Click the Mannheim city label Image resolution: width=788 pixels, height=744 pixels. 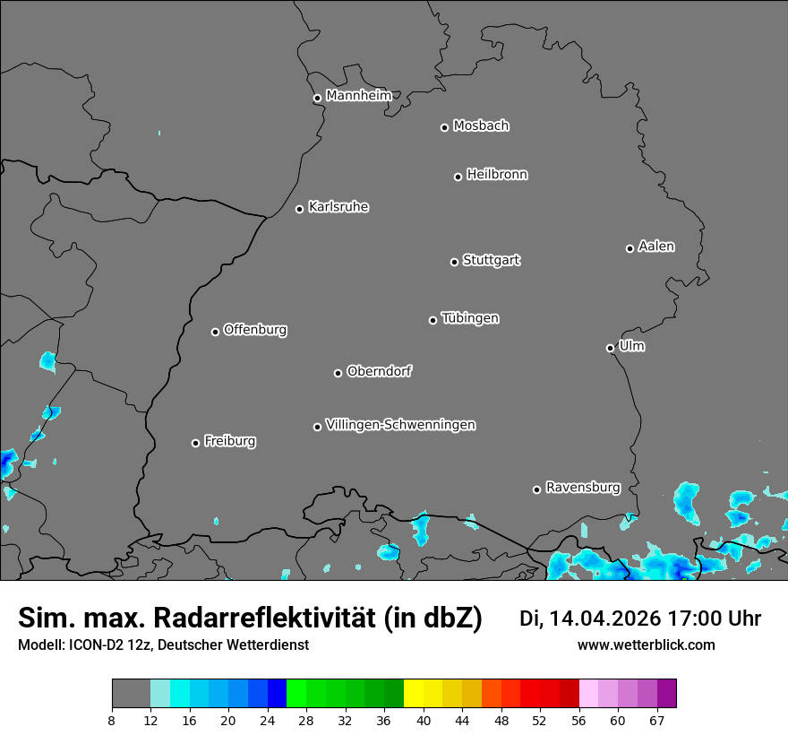pyautogui.click(x=358, y=96)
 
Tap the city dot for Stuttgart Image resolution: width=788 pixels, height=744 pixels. pyautogui.click(x=454, y=262)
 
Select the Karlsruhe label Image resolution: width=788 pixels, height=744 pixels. pyautogui.click(x=338, y=207)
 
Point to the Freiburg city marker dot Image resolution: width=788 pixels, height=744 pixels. pyautogui.click(x=195, y=443)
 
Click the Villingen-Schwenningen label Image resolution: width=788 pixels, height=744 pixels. pyautogui.click(x=400, y=425)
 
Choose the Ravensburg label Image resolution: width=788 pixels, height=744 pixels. pyautogui.click(x=583, y=488)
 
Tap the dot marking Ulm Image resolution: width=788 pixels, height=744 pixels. pyautogui.click(x=610, y=348)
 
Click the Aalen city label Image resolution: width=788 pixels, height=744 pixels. pyautogui.click(x=656, y=247)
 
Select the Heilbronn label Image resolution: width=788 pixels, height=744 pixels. pyautogui.click(x=497, y=175)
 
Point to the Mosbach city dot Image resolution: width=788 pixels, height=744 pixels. pyautogui.click(x=444, y=127)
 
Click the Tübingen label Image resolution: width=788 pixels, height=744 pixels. pyautogui.click(x=470, y=318)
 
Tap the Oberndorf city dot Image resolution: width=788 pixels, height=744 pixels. pyautogui.click(x=338, y=373)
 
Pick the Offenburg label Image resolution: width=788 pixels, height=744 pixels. pyautogui.click(x=255, y=330)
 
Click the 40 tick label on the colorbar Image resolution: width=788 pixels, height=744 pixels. pyautogui.click(x=424, y=720)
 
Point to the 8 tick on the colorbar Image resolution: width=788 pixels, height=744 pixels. pyautogui.click(x=111, y=720)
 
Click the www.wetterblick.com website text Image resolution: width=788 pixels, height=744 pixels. pyautogui.click(x=646, y=645)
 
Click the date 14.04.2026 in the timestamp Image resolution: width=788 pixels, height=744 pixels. pyautogui.click(x=604, y=619)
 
